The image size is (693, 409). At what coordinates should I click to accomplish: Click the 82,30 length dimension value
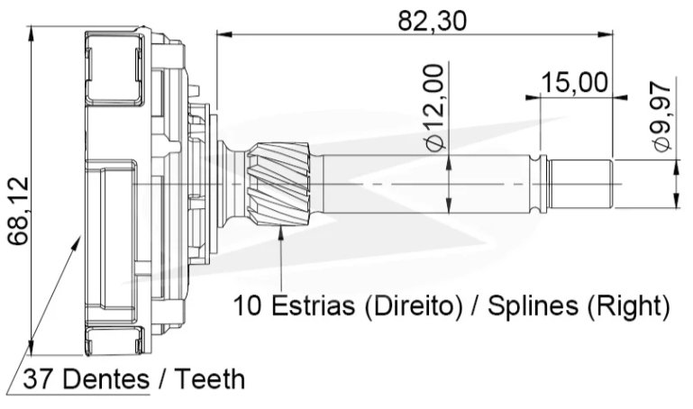click(432, 21)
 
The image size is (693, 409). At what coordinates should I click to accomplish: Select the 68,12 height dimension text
click(19, 211)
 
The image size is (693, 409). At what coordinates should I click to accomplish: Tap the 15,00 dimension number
click(574, 83)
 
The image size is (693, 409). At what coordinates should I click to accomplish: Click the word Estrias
click(313, 305)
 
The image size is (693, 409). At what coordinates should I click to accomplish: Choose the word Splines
click(533, 306)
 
